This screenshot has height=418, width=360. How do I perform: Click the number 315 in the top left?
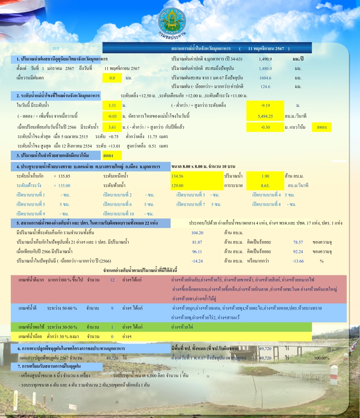(55, 49)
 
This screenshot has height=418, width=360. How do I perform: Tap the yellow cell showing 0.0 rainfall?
(112, 78)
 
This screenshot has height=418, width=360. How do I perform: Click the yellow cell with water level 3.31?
(112, 106)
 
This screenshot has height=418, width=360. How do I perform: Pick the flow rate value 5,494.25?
(265, 116)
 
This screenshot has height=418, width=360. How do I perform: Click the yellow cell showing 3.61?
(112, 127)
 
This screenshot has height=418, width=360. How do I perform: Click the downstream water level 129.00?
(178, 186)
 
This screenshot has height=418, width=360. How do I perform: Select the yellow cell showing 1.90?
(265, 176)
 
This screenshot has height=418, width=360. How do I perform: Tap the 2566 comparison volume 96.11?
(197, 252)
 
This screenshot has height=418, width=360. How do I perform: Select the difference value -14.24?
(197, 261)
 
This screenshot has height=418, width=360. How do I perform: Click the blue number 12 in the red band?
(112, 280)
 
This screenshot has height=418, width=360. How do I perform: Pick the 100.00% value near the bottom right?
(321, 358)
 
